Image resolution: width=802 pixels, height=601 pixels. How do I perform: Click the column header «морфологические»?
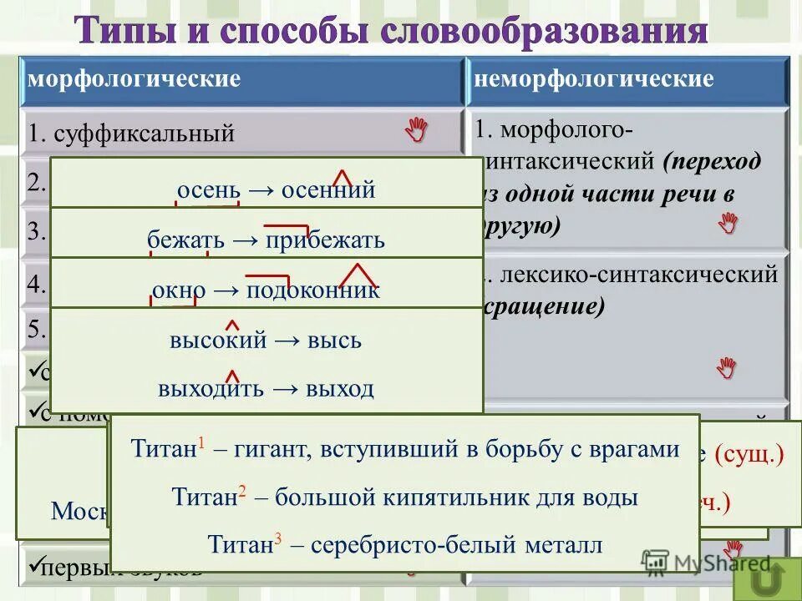(x=135, y=79)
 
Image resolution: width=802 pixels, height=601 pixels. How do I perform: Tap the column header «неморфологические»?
(x=594, y=79)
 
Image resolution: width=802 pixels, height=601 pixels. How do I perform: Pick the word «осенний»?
(x=328, y=190)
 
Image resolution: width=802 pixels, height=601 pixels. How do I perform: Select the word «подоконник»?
(x=312, y=290)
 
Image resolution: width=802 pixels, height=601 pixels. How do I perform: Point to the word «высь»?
(x=333, y=341)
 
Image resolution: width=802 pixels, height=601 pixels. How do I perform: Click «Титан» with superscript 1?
(x=164, y=449)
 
